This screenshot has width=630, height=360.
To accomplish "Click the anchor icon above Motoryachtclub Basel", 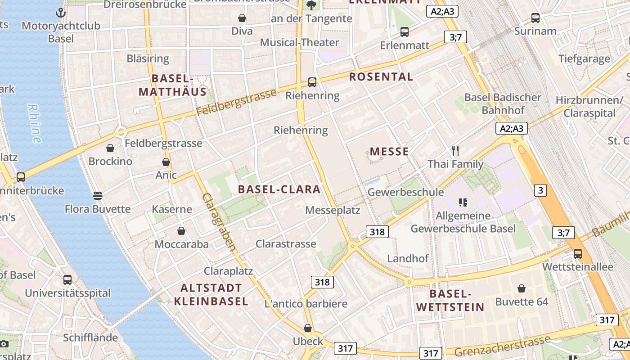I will (61, 13).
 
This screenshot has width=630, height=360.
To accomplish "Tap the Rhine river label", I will (35, 123).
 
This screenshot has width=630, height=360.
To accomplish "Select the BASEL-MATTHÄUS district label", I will (172, 85).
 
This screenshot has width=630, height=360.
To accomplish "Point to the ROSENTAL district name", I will (381, 76).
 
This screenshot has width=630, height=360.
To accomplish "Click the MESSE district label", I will (389, 151).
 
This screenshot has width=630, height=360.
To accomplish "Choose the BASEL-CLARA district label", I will (279, 189).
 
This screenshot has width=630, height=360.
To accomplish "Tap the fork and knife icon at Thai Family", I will (455, 151).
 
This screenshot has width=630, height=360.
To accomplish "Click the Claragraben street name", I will (219, 222).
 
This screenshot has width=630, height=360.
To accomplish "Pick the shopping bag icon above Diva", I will (242, 18).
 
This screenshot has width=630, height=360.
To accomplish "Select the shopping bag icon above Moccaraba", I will (181, 231).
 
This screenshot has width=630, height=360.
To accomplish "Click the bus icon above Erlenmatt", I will (405, 32).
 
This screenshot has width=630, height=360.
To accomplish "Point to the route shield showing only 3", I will (540, 190).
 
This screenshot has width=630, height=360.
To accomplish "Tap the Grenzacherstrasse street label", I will (502, 346).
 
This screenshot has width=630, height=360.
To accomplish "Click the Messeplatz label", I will (333, 210).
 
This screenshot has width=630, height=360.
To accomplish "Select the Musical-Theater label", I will (300, 42).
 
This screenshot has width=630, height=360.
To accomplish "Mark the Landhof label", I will (408, 259).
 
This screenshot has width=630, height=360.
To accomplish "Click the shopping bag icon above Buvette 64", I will (522, 288).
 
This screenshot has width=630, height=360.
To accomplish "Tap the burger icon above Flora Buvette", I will (98, 196).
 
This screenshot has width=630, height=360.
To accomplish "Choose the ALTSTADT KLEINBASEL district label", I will (211, 294).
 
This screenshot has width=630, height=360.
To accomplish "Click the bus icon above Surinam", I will (535, 18).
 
